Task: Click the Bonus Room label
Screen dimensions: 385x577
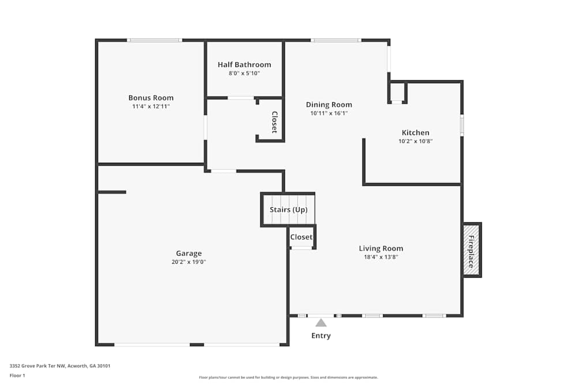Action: point(151,98)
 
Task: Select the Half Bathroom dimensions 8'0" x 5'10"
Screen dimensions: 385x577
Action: point(244,73)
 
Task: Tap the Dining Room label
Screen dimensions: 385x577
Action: point(329,104)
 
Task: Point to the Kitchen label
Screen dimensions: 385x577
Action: point(415,132)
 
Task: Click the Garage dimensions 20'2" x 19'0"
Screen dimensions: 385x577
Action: point(189,262)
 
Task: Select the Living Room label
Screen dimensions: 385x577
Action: point(381,248)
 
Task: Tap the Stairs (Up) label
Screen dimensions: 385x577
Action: point(288,210)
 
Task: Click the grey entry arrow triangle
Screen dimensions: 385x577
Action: point(321,323)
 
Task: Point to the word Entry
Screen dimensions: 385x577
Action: point(321,335)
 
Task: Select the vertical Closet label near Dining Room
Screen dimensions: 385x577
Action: point(275,122)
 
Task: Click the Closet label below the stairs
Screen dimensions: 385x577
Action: point(301,237)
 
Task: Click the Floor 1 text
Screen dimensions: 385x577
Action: point(17,375)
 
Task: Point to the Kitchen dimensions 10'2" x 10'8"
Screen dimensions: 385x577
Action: point(415,141)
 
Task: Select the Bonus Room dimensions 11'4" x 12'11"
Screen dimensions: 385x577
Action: point(151,106)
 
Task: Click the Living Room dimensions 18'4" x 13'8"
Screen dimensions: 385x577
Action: point(381,257)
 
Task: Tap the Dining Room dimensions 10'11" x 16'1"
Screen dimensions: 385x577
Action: point(329,113)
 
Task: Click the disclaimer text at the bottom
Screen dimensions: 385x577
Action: point(288,377)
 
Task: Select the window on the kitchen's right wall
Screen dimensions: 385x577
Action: point(462,125)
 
